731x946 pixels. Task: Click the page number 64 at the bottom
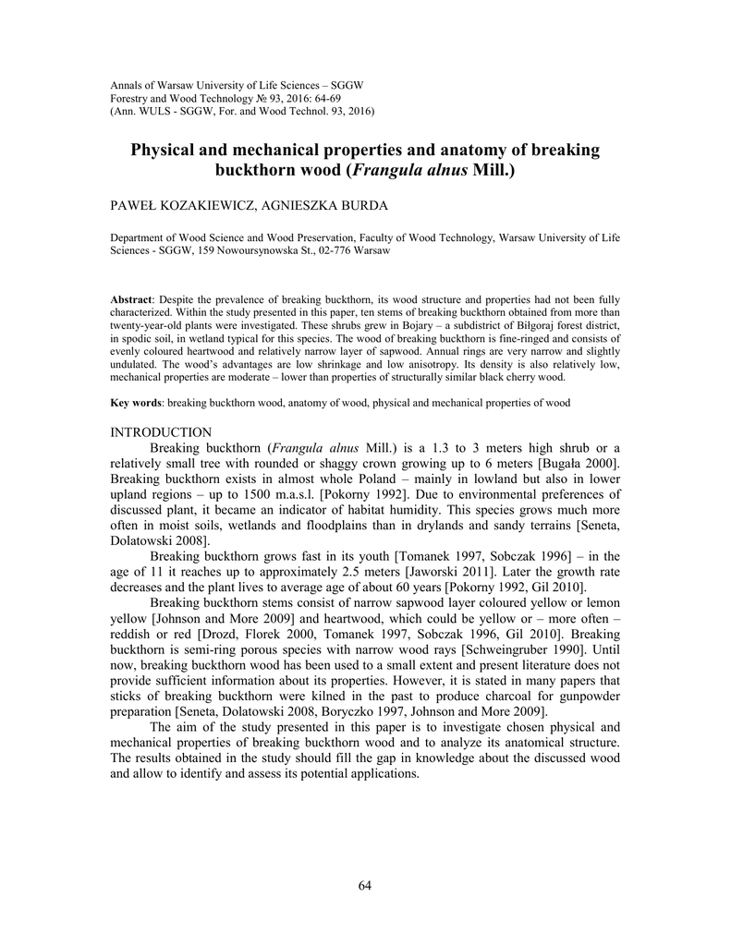click(364, 887)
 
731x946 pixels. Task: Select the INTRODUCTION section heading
click(161, 432)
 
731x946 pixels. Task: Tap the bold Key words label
click(136, 403)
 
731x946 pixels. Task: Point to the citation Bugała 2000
click(579, 462)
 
